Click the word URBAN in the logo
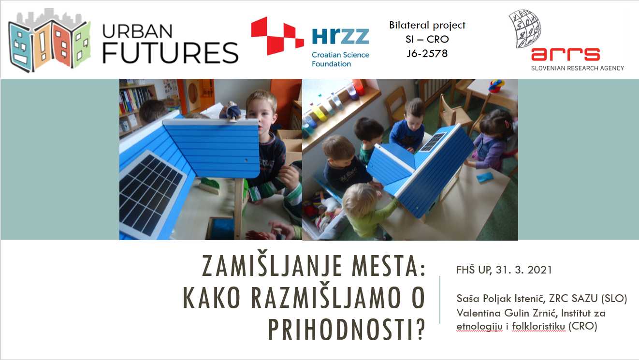click(x=137, y=30)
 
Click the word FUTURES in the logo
click(x=170, y=53)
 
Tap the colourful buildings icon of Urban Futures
click(x=49, y=41)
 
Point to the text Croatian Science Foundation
click(x=340, y=59)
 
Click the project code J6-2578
click(x=427, y=53)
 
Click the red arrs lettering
click(x=565, y=54)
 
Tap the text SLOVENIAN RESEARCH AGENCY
click(x=577, y=68)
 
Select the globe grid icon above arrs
click(x=524, y=29)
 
